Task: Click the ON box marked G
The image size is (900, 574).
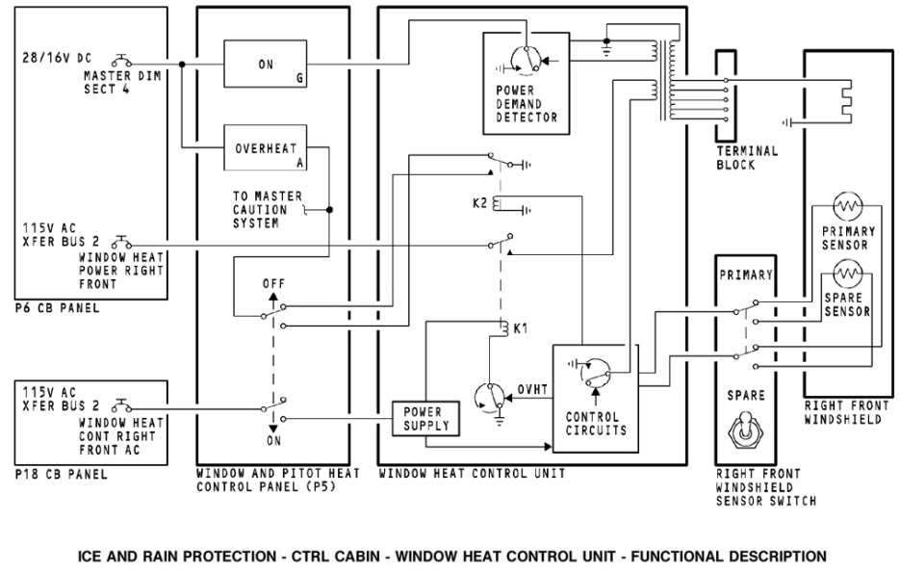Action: tap(266, 65)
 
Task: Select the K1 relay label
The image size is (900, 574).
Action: tap(521, 329)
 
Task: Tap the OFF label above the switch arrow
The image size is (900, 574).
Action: tap(272, 285)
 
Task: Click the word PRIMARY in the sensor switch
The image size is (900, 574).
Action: tap(747, 274)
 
